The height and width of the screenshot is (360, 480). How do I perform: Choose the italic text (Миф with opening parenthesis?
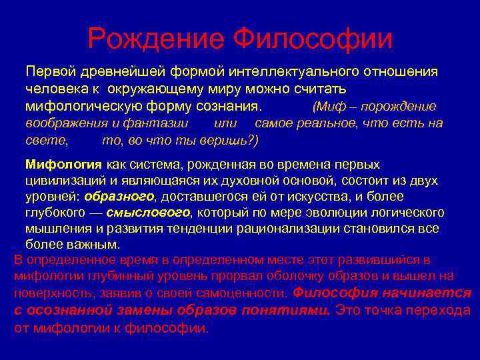pyautogui.click(x=329, y=107)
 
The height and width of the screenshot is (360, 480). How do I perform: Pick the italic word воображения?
pyautogui.click(x=62, y=123)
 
